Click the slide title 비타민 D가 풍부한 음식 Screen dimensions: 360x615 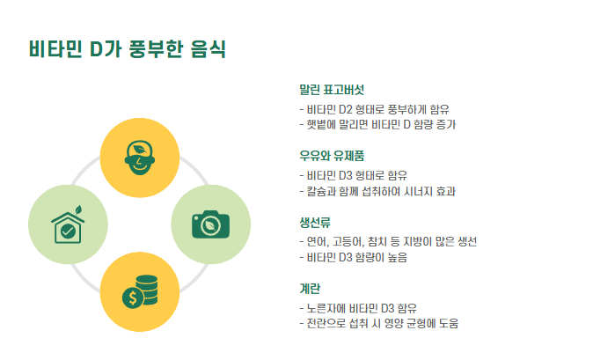[x=127, y=48]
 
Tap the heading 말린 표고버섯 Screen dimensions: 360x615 [x=332, y=90]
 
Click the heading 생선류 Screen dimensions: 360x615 [x=318, y=221]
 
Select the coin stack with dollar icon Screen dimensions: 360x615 [x=139, y=292]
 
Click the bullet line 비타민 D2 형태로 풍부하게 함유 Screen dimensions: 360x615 [x=375, y=109]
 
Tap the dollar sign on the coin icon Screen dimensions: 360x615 [x=132, y=298]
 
